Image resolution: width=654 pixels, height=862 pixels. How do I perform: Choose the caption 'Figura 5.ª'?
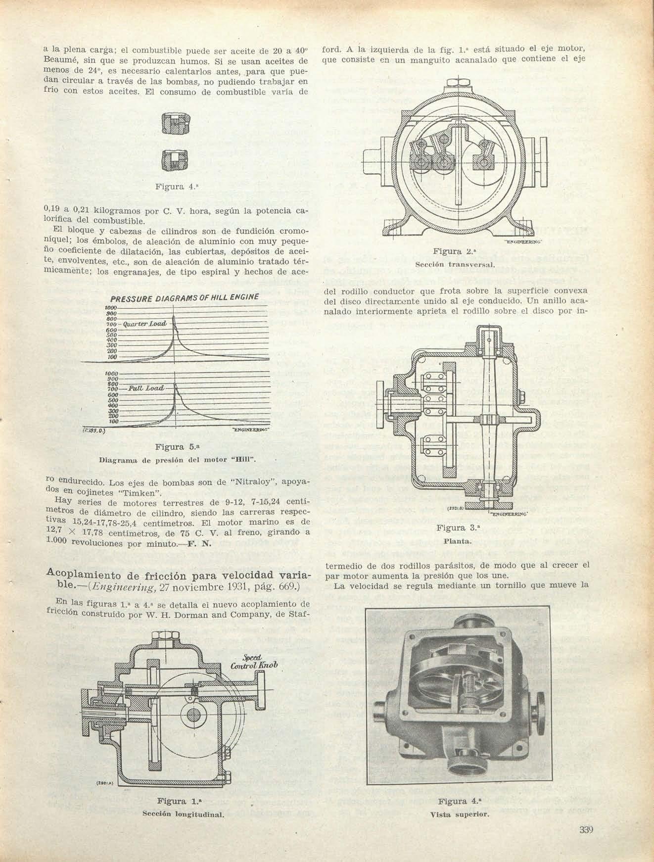point(170,447)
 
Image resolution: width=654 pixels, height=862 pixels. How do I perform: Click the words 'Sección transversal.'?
point(448,265)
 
